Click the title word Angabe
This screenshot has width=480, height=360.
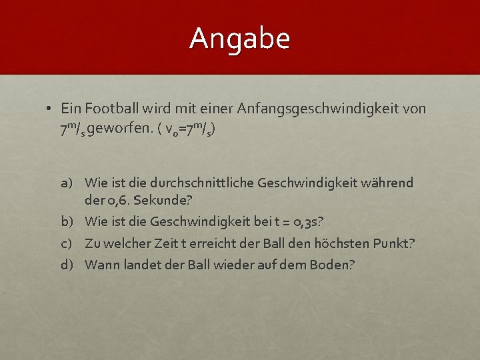click(240, 39)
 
